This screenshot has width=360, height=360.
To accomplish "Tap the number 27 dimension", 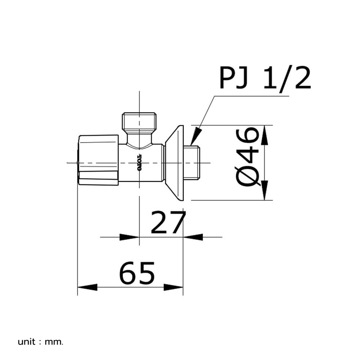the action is pos(168,222).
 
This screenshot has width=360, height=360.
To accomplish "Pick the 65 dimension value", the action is pos(137,273).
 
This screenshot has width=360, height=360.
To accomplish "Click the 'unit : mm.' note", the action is pos(40,342).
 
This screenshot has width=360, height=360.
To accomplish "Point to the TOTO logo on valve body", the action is pos(139,162).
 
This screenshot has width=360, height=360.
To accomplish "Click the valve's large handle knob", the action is pos(99,160).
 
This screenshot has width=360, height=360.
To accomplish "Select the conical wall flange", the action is pos(175,163).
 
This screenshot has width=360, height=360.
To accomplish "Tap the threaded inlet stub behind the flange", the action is pos(192,163).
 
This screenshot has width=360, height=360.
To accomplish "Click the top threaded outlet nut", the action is pos(139,121).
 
